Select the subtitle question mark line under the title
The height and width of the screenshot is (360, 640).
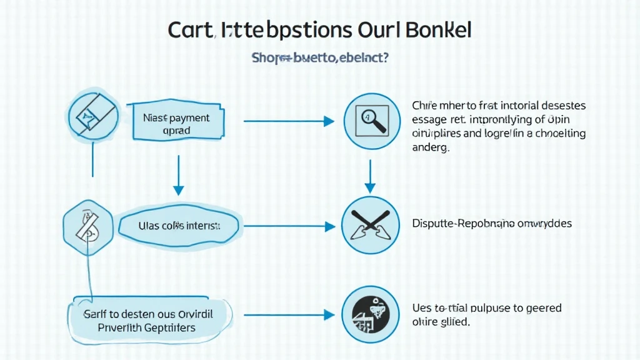pos(320,58)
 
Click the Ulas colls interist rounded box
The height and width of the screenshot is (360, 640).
pos(179,225)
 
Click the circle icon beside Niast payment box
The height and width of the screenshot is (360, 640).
pos(92,114)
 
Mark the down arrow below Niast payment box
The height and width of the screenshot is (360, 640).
pos(179,174)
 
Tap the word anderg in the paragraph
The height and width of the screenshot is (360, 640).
pos(431,148)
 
